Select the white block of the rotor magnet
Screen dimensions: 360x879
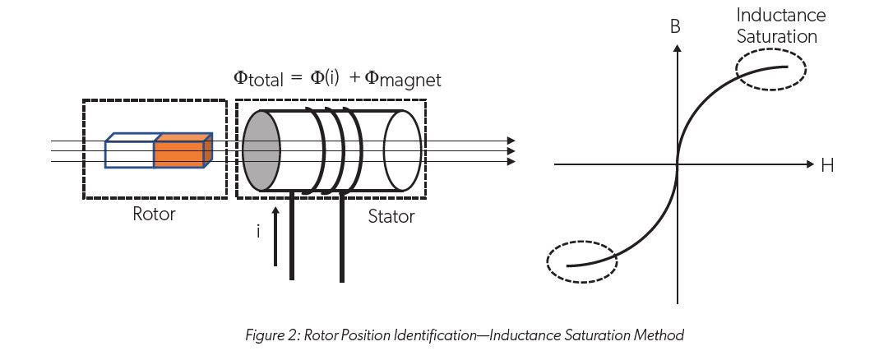pyautogui.click(x=130, y=154)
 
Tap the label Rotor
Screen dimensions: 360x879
pyautogui.click(x=154, y=215)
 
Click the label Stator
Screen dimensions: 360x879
pyautogui.click(x=391, y=217)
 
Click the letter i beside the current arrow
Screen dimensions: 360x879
pyautogui.click(x=258, y=233)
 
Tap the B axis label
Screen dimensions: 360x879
pyautogui.click(x=675, y=26)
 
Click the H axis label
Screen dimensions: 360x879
pyautogui.click(x=826, y=166)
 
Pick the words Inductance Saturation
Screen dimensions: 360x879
pyautogui.click(x=780, y=25)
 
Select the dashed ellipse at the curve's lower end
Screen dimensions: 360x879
pyautogui.click(x=581, y=262)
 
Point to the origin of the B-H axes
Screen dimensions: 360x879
pyautogui.click(x=677, y=165)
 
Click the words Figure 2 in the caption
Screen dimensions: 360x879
pyautogui.click(x=271, y=335)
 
